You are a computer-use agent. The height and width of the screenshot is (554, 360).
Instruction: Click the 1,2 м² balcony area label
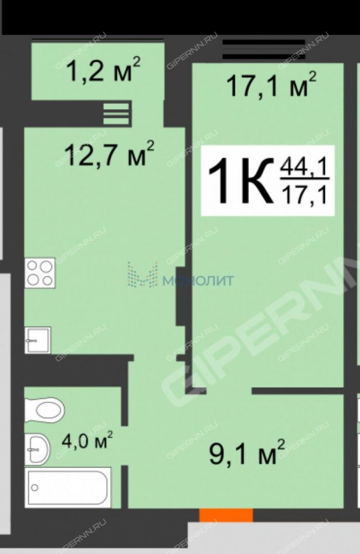103,69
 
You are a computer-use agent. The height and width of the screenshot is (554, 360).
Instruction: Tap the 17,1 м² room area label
271,85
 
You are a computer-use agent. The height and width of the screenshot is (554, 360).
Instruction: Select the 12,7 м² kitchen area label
109,153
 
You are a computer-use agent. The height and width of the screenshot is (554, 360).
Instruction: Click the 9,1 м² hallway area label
247,451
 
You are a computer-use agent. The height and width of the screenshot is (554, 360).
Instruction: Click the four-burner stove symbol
40,273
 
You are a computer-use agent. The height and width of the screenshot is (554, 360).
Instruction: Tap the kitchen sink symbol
38,340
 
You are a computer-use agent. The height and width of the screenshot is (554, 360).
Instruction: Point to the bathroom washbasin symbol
38,449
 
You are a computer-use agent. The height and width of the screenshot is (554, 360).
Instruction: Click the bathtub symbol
68,488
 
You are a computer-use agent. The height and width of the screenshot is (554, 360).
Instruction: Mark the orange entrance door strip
226,515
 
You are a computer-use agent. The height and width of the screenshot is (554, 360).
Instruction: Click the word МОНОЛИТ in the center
199,280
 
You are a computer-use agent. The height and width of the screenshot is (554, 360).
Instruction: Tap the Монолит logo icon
143,274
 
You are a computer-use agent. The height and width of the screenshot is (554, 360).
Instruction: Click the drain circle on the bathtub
35,488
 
